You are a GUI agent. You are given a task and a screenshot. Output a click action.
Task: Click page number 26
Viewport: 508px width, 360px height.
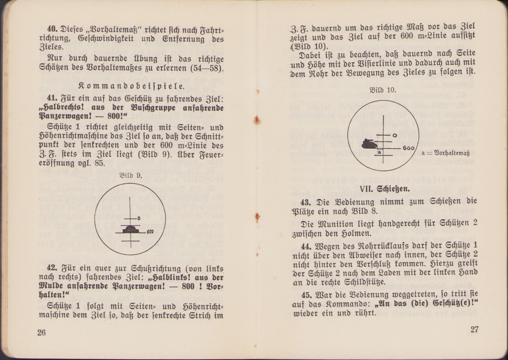coord(42,333)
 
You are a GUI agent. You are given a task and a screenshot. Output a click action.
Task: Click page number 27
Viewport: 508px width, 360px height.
coord(474,329)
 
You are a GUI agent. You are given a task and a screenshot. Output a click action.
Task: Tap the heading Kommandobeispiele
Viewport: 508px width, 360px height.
coord(132,86)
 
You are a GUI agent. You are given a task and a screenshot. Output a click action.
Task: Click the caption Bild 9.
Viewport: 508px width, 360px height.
coord(131,175)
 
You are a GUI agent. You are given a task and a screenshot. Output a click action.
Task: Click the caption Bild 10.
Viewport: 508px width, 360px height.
coord(383,90)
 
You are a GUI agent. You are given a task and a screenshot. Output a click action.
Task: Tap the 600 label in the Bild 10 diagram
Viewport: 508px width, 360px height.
coord(409,148)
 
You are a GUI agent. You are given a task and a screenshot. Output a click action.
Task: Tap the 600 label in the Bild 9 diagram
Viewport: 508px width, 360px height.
coord(150,232)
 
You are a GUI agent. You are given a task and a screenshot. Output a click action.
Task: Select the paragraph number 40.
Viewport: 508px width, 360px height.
coord(52,29)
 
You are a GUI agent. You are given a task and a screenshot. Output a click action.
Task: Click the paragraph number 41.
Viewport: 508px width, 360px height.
coord(52,98)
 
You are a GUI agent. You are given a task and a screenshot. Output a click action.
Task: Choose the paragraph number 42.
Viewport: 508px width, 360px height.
coord(52,268)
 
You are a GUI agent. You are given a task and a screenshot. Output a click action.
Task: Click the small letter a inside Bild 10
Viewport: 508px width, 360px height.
coord(379,152)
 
